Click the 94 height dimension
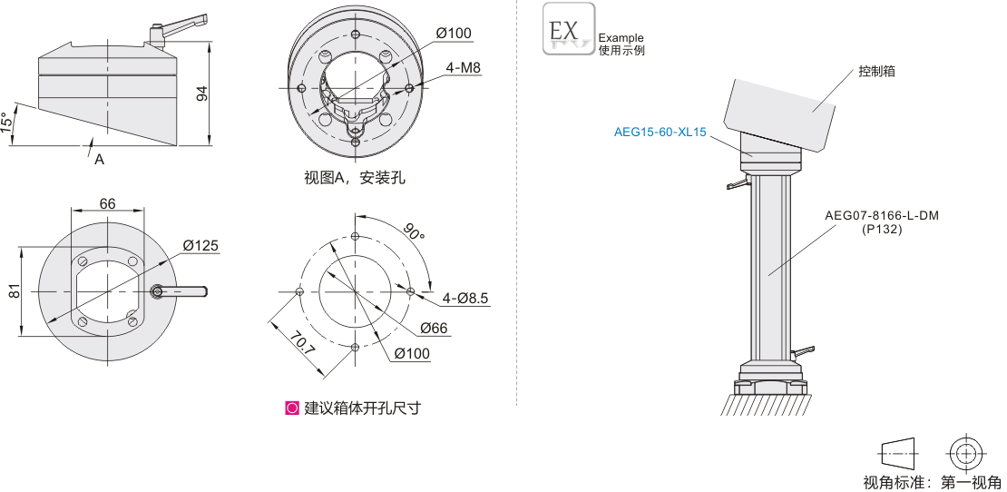click(202, 93)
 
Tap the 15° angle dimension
click(7, 123)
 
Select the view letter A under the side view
click(99, 159)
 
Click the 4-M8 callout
click(463, 68)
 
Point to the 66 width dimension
click(107, 204)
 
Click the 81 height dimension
click(15, 291)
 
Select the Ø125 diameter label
click(200, 246)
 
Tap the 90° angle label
click(414, 231)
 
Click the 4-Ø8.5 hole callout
click(465, 298)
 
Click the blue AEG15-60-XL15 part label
click(660, 132)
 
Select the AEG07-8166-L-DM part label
click(881, 216)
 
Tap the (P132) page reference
click(881, 230)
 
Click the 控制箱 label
click(876, 71)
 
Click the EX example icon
click(569, 28)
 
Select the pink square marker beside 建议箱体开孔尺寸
click(292, 408)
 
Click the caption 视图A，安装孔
click(355, 178)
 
